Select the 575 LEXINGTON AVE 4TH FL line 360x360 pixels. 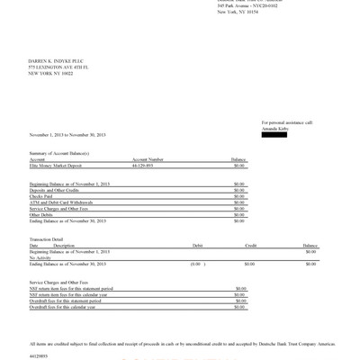tap(59, 67)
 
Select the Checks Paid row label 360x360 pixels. tap(41, 195)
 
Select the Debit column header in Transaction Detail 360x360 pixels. tap(198, 245)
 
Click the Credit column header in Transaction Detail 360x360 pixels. tap(250, 245)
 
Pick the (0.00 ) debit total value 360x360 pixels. tap(194, 264)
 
